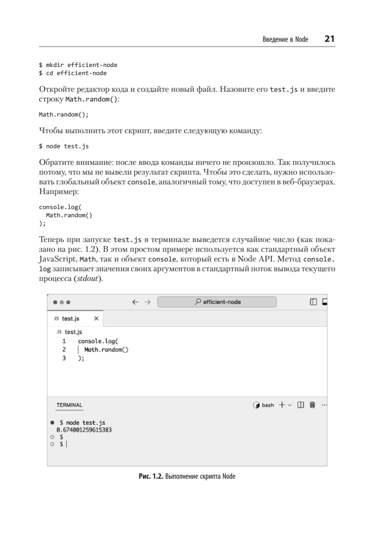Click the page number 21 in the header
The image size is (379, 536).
(329, 39)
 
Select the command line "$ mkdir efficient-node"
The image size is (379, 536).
(78, 65)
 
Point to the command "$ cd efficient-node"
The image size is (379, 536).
(73, 73)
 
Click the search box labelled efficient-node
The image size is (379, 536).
(217, 302)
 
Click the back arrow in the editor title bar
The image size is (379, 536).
(135, 302)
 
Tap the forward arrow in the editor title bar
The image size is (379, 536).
(148, 302)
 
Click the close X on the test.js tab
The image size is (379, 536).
(96, 319)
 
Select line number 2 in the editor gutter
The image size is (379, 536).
(64, 350)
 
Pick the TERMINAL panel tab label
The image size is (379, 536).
(69, 405)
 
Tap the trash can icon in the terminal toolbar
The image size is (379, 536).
(312, 405)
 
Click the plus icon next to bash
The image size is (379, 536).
(282, 405)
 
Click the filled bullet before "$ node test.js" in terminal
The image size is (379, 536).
(53, 422)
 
